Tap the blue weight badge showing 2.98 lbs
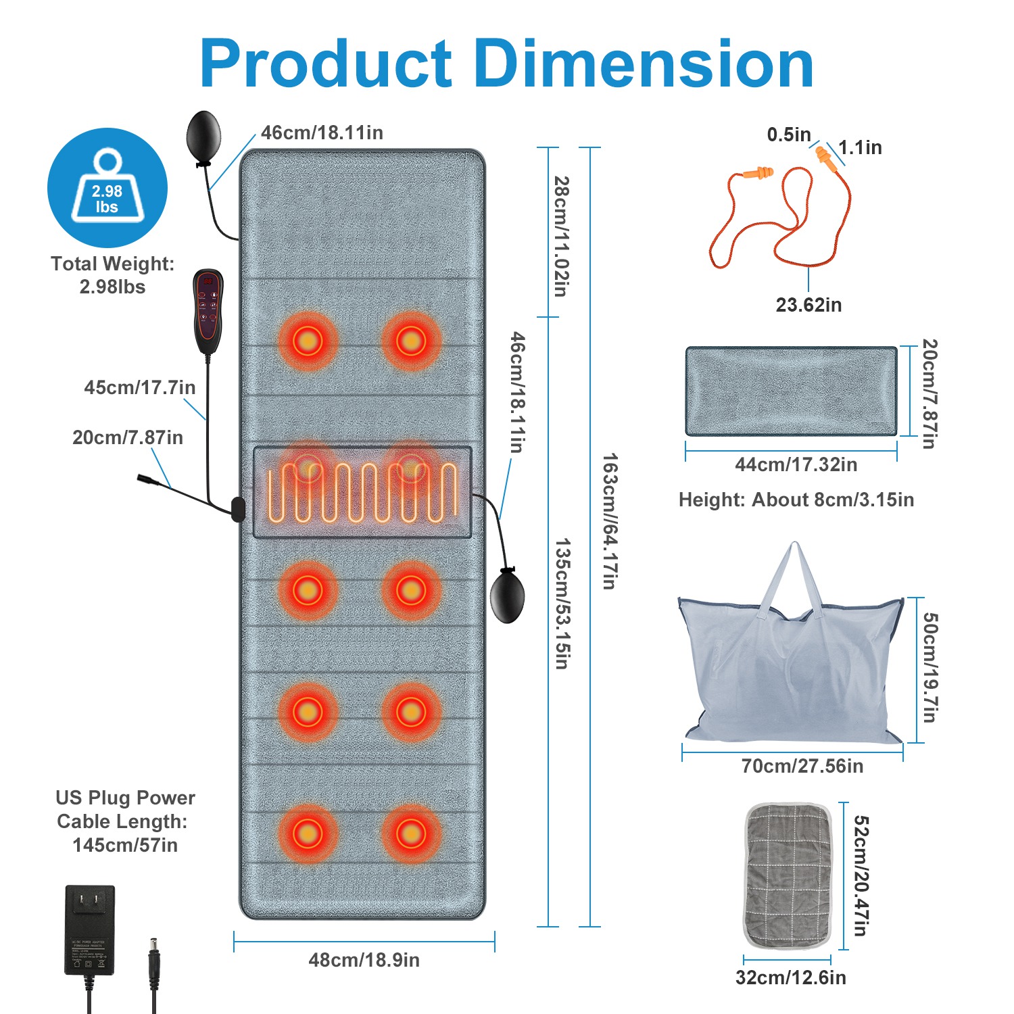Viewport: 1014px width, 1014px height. (x=107, y=187)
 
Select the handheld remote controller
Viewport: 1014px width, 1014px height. (x=208, y=310)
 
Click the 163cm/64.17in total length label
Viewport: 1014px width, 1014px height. (x=609, y=521)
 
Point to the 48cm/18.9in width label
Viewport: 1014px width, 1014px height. (x=364, y=960)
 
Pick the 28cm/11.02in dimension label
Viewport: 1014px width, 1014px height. (x=561, y=236)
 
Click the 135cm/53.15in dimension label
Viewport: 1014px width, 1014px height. (x=562, y=603)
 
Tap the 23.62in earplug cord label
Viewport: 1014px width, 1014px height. (x=808, y=305)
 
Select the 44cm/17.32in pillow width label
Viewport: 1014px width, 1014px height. (x=796, y=464)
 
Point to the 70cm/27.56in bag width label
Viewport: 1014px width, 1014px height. (x=802, y=766)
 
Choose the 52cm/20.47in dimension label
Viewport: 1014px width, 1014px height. (x=860, y=875)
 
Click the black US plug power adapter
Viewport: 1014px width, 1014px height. (x=89, y=930)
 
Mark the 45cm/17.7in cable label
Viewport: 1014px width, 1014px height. (x=140, y=387)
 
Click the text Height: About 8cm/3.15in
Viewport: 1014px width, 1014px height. (x=796, y=500)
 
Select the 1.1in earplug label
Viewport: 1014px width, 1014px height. (x=860, y=147)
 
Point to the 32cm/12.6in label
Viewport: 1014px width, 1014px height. (x=790, y=977)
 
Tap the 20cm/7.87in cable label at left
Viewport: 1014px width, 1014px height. (x=128, y=437)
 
